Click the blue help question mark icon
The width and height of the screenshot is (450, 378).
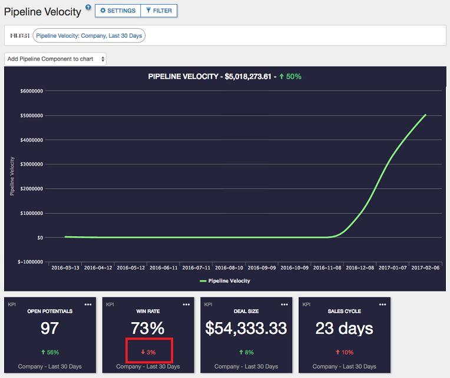click(88, 8)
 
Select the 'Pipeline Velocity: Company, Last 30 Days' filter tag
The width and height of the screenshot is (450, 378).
click(89, 36)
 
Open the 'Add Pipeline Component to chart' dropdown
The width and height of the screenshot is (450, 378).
click(55, 59)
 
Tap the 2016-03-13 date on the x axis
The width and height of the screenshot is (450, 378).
click(65, 267)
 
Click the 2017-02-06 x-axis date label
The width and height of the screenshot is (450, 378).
click(425, 267)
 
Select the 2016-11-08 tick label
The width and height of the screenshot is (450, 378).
click(327, 267)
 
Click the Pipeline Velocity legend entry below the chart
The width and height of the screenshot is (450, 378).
click(225, 281)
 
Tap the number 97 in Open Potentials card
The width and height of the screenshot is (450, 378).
click(49, 328)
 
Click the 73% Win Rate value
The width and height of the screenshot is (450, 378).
click(148, 328)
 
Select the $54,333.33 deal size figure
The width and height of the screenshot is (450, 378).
click(247, 328)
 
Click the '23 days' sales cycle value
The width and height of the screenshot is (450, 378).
click(345, 328)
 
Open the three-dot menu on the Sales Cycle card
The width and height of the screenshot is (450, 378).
click(382, 304)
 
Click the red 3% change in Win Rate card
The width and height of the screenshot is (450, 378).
click(148, 352)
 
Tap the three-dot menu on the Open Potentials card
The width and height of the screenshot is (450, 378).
click(88, 304)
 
